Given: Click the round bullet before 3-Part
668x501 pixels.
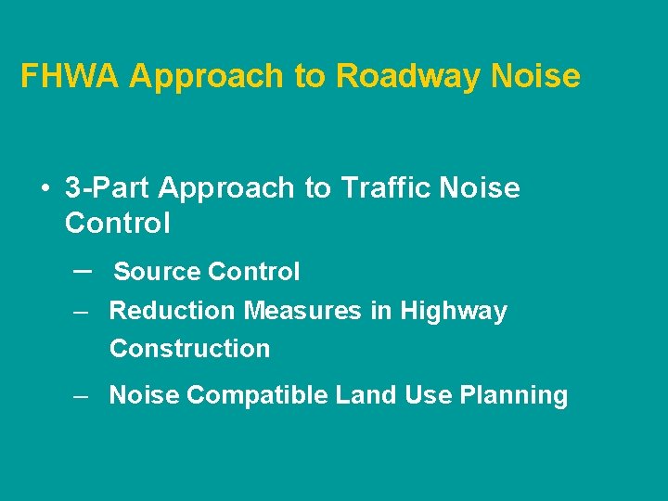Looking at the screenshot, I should pos(45,189).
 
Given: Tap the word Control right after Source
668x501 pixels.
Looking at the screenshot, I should pos(254,272).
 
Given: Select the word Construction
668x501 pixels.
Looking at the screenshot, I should pos(189,349).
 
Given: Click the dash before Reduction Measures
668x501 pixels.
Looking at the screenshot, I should pos(82,312).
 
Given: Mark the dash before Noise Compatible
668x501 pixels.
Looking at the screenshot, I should pos(82,396).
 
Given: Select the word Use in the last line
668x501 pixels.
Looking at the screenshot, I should pos(424,395).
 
